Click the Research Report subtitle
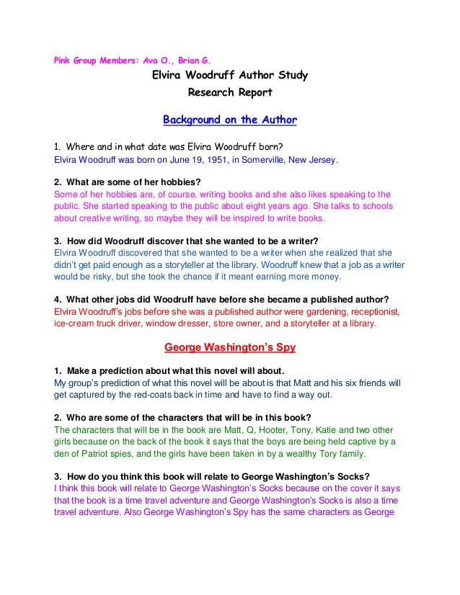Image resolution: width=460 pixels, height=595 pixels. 230,94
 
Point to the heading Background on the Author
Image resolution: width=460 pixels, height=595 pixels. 230,118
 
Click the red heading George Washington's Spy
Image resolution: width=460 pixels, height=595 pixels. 229,347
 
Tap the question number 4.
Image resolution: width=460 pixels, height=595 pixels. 58,300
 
